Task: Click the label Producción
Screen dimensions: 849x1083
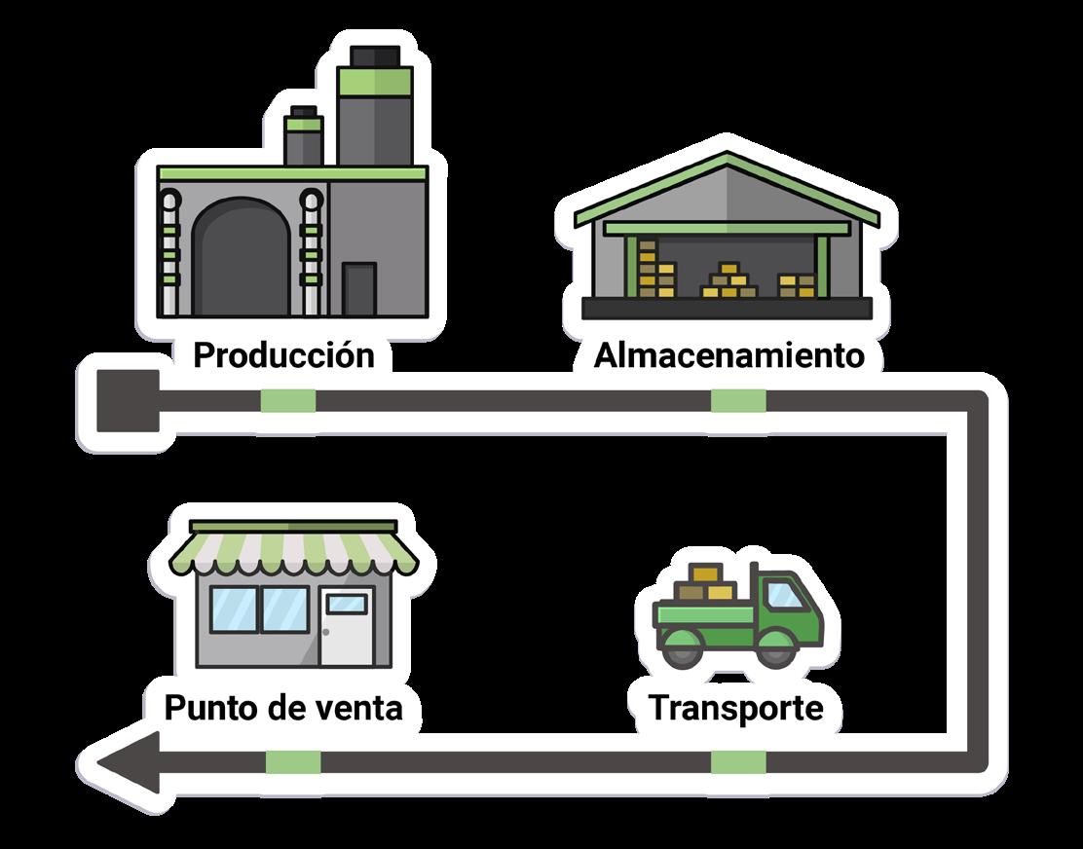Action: point(283,355)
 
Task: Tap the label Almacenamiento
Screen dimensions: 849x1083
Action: point(729,355)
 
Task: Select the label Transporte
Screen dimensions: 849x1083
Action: point(735,708)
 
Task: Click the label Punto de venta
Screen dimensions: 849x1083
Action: point(283,707)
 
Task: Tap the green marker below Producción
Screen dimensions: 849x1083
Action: point(288,400)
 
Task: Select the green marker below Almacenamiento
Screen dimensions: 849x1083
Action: point(738,400)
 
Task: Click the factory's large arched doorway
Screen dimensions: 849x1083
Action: point(239,258)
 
